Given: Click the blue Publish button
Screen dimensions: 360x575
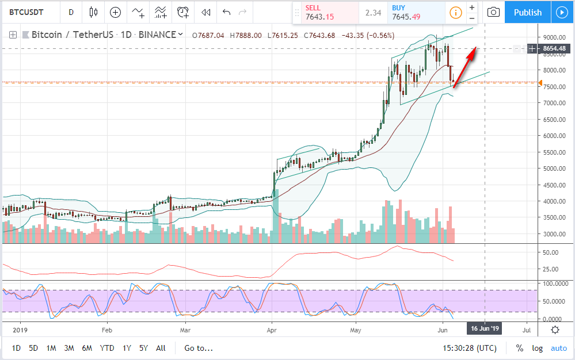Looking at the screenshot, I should click(527, 12).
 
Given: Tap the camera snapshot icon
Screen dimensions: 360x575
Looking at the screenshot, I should click(493, 12).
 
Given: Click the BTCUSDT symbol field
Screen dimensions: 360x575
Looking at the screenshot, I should click(29, 12).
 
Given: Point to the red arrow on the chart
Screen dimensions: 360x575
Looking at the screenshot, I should click(464, 68).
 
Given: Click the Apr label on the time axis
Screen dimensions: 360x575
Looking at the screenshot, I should click(272, 331).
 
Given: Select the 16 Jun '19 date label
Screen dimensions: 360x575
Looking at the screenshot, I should click(485, 330).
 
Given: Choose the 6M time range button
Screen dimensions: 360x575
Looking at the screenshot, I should click(87, 348).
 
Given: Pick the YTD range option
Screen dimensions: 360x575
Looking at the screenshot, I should click(106, 348).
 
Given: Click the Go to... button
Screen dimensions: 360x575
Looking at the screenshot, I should click(199, 348).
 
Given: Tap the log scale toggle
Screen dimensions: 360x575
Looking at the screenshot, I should click(537, 348).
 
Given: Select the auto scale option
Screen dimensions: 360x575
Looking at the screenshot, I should click(559, 348).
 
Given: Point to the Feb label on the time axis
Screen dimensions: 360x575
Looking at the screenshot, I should click(106, 331).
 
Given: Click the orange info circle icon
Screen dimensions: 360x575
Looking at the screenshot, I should click(455, 12).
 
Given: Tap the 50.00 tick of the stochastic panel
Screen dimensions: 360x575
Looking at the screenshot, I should click(551, 301).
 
